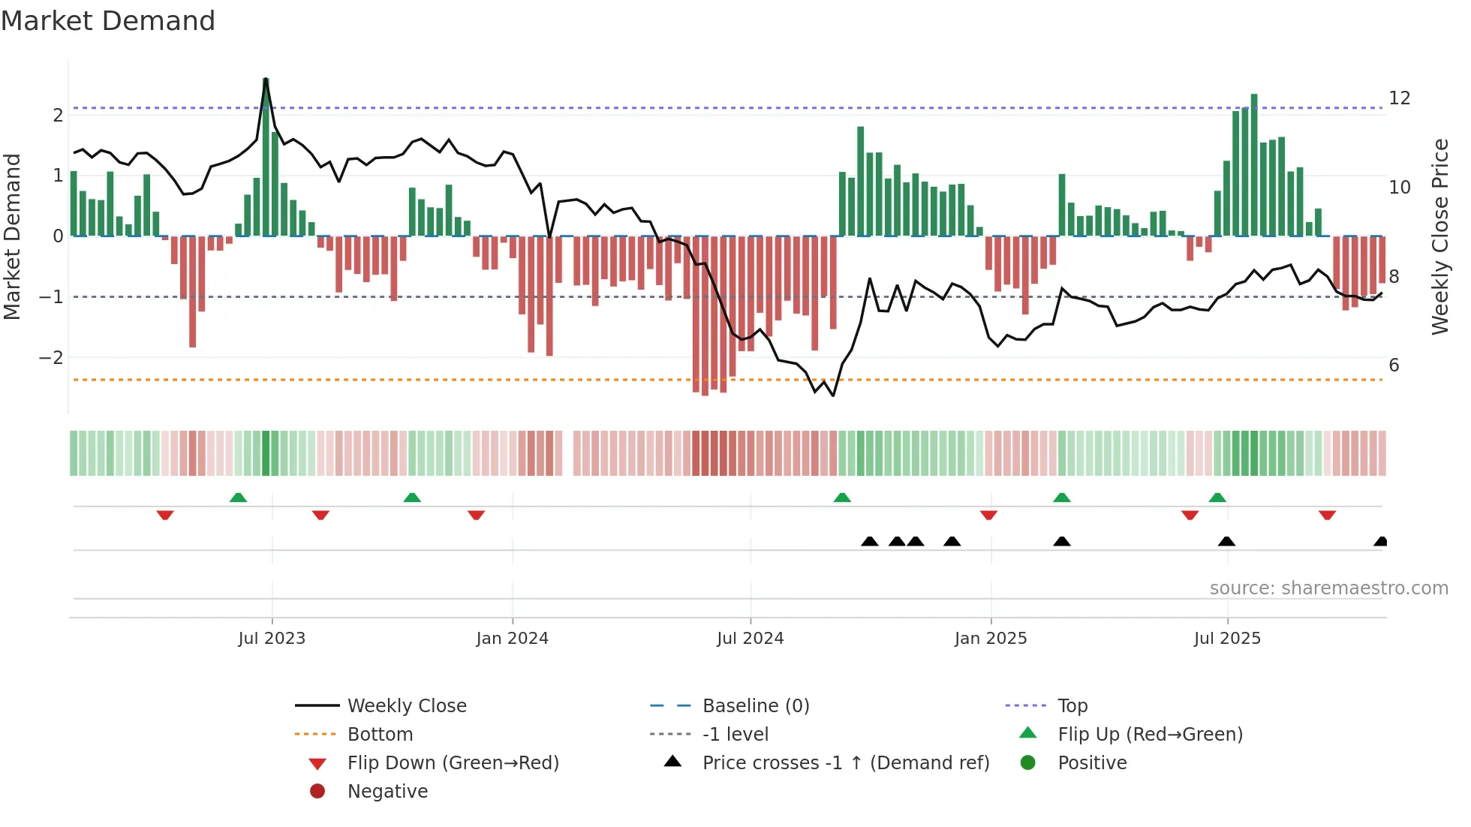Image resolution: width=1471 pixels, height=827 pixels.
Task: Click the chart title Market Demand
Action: (x=108, y=21)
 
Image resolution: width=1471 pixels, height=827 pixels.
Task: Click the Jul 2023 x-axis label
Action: (x=272, y=639)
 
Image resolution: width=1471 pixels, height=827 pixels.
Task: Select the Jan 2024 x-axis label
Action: (x=512, y=639)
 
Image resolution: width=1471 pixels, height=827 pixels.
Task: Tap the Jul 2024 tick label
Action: (x=750, y=639)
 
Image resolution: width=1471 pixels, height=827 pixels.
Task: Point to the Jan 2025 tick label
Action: (x=991, y=639)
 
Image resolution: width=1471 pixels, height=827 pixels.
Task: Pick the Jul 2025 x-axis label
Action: (x=1227, y=639)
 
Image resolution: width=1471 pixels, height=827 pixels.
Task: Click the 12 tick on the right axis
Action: (x=1399, y=98)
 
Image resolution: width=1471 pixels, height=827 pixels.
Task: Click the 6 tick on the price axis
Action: (x=1394, y=365)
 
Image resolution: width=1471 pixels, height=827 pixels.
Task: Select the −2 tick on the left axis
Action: (x=51, y=357)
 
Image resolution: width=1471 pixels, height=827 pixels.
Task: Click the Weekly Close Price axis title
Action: (x=1439, y=236)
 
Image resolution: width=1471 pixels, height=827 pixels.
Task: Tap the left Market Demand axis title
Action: (x=12, y=236)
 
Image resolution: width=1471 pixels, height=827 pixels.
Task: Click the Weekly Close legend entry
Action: (x=406, y=706)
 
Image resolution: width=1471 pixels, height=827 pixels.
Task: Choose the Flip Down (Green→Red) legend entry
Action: (x=453, y=763)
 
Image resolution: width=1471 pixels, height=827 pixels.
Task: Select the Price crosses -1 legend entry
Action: (x=845, y=763)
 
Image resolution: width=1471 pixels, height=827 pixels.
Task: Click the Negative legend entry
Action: (x=387, y=792)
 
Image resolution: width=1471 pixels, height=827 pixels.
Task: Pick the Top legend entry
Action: (x=1072, y=706)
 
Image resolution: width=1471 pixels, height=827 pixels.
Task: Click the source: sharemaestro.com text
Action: (x=1328, y=588)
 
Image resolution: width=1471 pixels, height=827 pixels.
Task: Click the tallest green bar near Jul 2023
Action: (x=266, y=158)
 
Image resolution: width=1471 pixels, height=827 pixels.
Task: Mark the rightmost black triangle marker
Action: (x=1380, y=542)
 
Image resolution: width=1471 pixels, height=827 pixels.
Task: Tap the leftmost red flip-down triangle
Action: (x=165, y=515)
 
